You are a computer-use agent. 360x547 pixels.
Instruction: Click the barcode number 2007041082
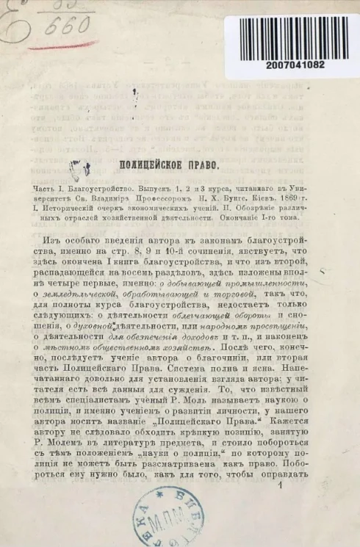click(x=297, y=65)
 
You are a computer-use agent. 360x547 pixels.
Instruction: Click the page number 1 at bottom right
click(x=280, y=485)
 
